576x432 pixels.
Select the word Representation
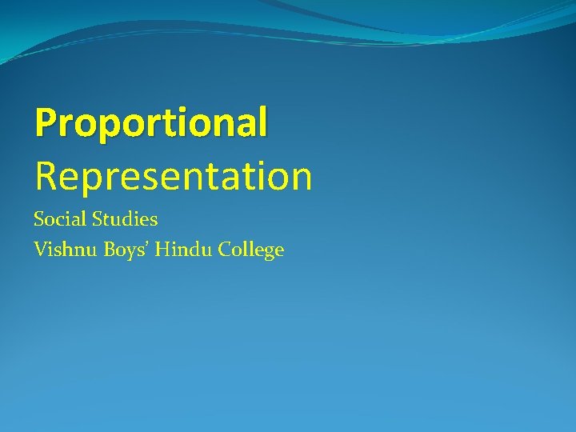coord(173,176)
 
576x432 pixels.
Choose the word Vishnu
coord(61,250)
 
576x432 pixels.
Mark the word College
coord(247,251)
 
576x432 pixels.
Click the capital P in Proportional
coord(46,122)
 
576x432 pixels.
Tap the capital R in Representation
coord(46,176)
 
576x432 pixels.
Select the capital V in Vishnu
coord(41,250)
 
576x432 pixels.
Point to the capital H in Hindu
coord(162,250)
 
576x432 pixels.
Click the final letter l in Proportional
coord(262,122)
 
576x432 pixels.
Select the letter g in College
coord(266,254)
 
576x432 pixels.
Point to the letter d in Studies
coord(133,218)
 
